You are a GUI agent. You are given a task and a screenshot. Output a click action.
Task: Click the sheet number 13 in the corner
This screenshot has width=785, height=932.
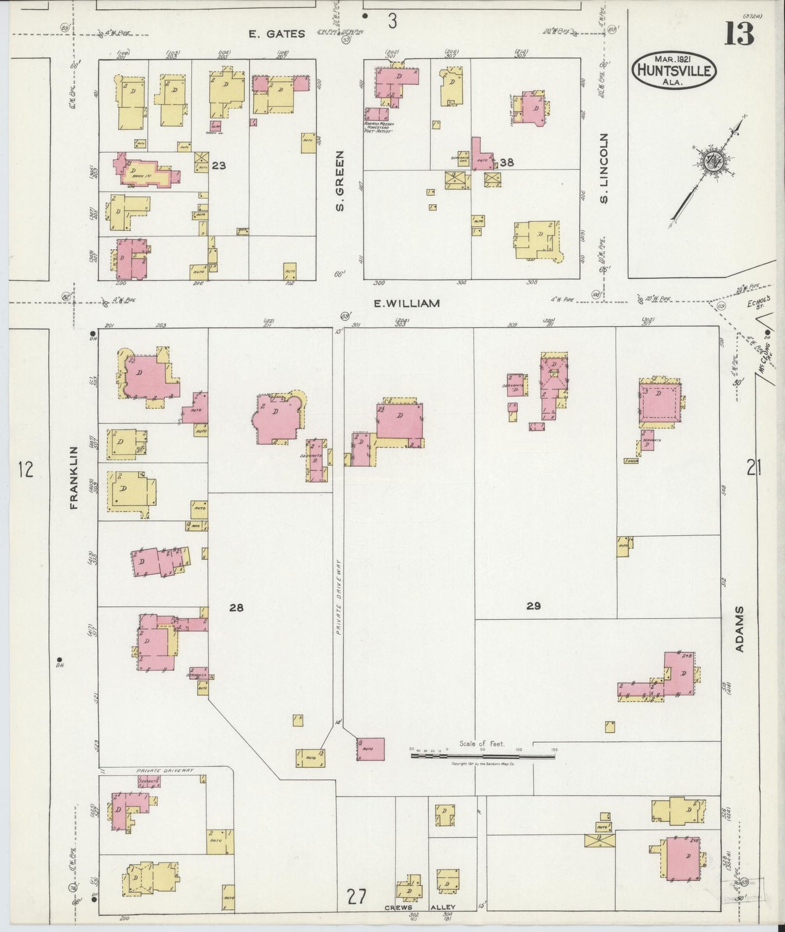(x=739, y=34)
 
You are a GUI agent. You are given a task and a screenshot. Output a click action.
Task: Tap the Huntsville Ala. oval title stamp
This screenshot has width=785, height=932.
(x=674, y=71)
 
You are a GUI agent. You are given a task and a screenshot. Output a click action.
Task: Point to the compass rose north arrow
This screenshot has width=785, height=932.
(x=709, y=161)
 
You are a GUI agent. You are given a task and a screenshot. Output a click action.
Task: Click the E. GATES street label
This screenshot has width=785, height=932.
(x=277, y=34)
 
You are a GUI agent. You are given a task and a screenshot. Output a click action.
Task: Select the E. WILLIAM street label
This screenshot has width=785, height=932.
(x=406, y=303)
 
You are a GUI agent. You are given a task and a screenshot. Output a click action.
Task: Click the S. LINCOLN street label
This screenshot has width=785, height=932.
(x=605, y=167)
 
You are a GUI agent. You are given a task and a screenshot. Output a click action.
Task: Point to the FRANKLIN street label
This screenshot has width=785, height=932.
(x=74, y=477)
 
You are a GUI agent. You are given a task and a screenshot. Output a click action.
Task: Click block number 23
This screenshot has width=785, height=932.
(x=219, y=165)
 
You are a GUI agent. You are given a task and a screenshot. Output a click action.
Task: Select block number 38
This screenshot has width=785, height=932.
(x=507, y=161)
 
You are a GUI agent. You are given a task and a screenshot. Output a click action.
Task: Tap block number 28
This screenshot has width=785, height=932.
(x=236, y=607)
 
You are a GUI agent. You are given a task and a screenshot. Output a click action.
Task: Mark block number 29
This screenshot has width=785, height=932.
(x=533, y=606)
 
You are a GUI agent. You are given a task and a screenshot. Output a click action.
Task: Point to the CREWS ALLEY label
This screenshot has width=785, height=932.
(x=420, y=907)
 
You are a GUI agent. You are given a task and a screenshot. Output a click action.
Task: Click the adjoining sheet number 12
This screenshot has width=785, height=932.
(x=25, y=469)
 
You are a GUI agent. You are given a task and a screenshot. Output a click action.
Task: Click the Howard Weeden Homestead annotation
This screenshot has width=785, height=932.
(x=378, y=127)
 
